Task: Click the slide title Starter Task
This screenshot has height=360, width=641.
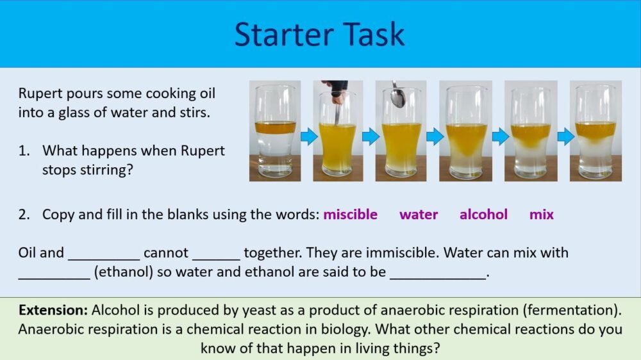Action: click(x=319, y=33)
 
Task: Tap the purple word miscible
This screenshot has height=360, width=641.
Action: click(x=350, y=215)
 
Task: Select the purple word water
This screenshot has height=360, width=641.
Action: click(x=419, y=215)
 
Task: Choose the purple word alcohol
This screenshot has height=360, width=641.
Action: click(x=483, y=215)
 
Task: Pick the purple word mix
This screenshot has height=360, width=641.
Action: click(x=542, y=215)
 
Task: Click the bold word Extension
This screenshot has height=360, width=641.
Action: click(x=53, y=311)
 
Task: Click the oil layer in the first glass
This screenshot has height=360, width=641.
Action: click(x=275, y=127)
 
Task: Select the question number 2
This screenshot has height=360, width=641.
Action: click(x=24, y=215)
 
